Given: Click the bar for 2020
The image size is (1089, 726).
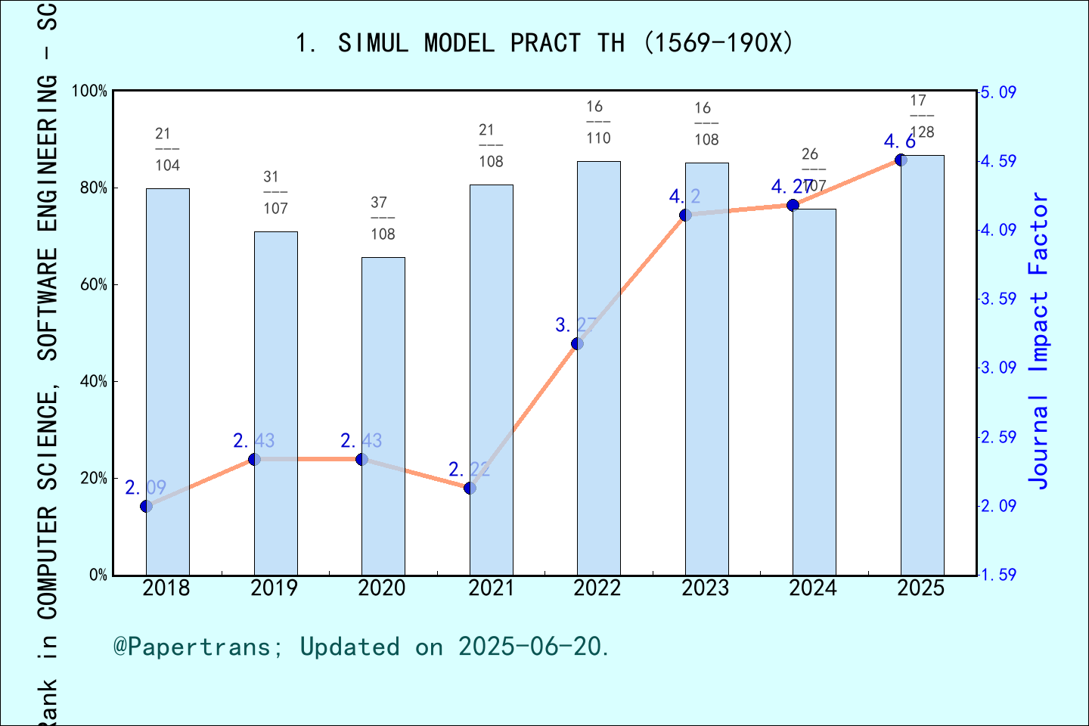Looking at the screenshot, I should point(383,416).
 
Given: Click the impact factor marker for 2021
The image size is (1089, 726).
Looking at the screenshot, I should point(470,488).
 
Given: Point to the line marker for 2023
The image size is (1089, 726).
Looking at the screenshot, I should point(685,215).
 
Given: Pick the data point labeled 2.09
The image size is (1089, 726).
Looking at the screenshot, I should point(146,506).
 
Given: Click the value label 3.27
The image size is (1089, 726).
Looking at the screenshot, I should point(576,325).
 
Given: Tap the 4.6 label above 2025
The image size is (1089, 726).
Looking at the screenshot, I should point(899,141).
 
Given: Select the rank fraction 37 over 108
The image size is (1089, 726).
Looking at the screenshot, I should point(383,218).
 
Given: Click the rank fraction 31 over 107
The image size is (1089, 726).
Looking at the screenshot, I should point(275,192).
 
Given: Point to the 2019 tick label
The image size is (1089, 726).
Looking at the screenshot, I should point(274,588).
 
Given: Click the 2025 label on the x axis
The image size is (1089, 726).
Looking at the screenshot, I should point(920,588).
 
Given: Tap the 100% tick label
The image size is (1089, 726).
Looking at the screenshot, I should point(89,92).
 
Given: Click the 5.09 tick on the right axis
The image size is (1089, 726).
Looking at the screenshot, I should point(998,92).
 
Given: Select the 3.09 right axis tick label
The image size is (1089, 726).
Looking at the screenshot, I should point(998,368).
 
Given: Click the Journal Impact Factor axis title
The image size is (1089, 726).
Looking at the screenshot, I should point(1038,340).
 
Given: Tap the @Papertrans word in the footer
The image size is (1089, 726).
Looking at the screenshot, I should point(192,647).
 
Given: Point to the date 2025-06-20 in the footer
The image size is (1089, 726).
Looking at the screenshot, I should point(530,647).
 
